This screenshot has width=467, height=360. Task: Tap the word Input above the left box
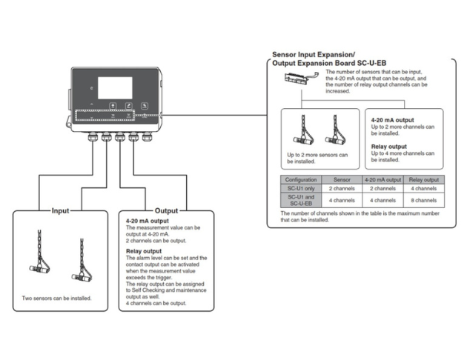tap(60, 210)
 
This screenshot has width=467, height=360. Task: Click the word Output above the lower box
tap(166, 210)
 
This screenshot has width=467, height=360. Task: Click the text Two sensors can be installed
tap(57, 299)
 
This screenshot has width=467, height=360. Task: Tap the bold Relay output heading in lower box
tap(145, 250)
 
